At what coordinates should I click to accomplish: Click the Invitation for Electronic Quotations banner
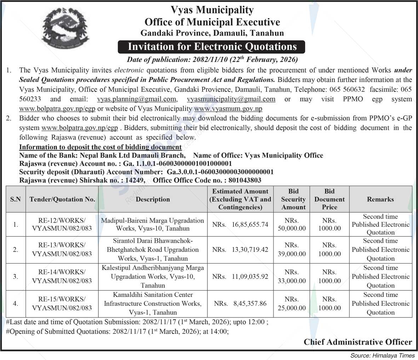pyautogui.click(x=212, y=46)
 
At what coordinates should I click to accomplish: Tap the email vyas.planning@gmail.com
pyautogui.click(x=137, y=99)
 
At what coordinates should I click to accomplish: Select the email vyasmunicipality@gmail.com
pyautogui.click(x=231, y=99)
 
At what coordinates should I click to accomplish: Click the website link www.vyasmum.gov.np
pyautogui.click(x=228, y=109)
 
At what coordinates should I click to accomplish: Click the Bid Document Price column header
pyautogui.click(x=329, y=199)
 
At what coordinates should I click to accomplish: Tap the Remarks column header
pyautogui.click(x=380, y=199)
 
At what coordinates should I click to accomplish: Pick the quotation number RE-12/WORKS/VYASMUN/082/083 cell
pyautogui.click(x=62, y=224)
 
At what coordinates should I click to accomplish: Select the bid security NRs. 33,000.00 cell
pyautogui.click(x=292, y=276)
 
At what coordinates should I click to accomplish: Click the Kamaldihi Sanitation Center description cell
pyautogui.click(x=153, y=304)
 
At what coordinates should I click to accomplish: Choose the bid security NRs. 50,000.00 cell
pyautogui.click(x=292, y=224)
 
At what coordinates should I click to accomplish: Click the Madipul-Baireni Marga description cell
pyautogui.click(x=153, y=224)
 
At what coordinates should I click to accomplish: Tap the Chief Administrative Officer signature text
pyautogui.click(x=358, y=342)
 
